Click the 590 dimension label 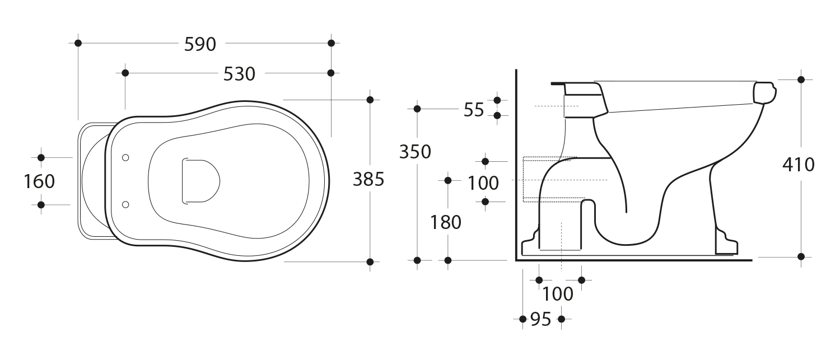click(200, 44)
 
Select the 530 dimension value click(239, 74)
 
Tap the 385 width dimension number click(368, 179)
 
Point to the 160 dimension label click(39, 181)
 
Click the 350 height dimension click(415, 152)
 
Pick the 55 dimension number click(474, 110)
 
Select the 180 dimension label click(446, 222)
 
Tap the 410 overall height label click(799, 165)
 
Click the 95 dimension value click(540, 320)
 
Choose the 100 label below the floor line click(558, 294)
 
